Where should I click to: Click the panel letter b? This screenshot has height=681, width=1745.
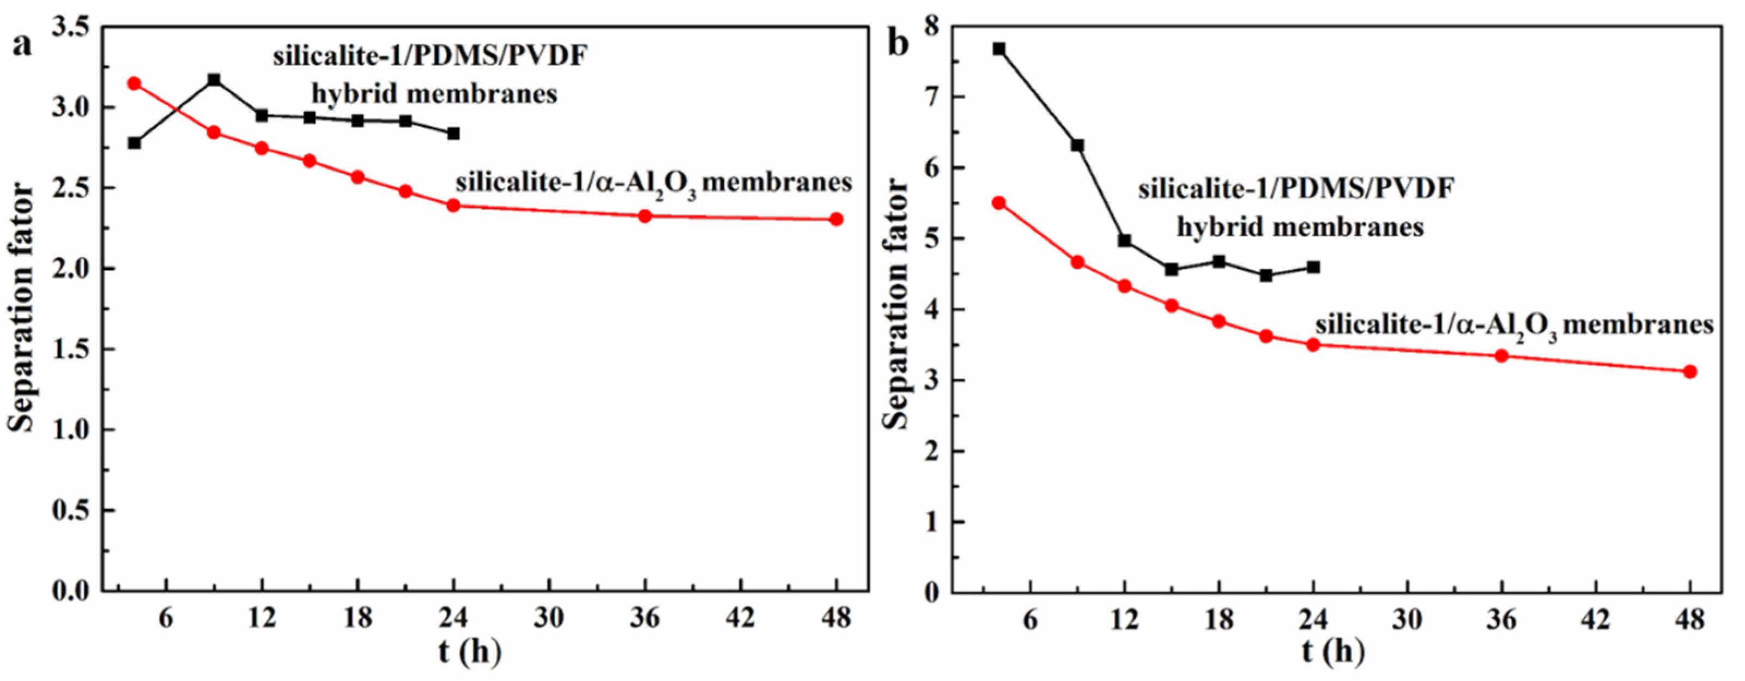click(x=898, y=45)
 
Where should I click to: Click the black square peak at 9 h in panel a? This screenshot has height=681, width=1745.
click(x=214, y=80)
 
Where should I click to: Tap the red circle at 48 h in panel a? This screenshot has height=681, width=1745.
click(x=837, y=219)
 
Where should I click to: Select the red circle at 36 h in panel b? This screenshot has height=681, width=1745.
click(x=1502, y=355)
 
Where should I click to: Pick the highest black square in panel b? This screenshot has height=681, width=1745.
click(x=999, y=49)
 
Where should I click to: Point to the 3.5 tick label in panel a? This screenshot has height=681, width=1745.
click(x=70, y=28)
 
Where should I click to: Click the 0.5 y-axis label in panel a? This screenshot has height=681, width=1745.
click(x=70, y=511)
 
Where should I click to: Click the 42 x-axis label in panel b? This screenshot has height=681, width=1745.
click(x=1597, y=619)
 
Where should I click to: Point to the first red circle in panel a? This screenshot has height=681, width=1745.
click(x=134, y=83)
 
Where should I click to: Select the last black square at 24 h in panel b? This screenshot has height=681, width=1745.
click(x=1313, y=267)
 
